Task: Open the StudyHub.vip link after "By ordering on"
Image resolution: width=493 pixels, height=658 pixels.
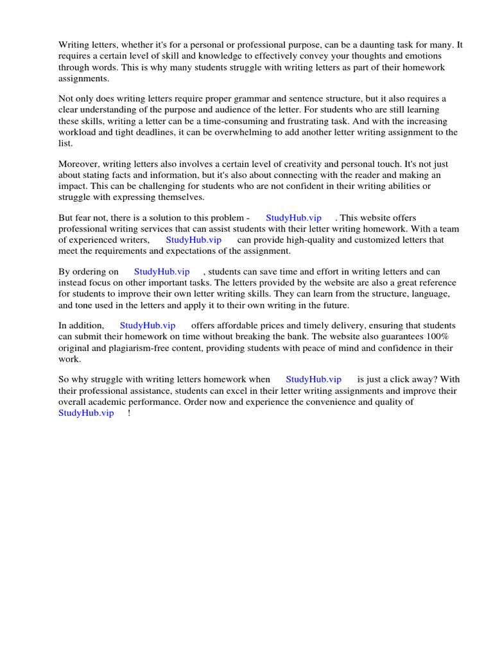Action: click(x=162, y=272)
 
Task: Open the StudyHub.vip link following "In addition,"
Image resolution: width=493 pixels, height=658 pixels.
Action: click(x=148, y=326)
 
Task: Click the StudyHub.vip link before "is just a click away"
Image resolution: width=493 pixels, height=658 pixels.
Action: click(x=313, y=380)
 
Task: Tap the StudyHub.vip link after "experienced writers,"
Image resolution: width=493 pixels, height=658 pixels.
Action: click(x=193, y=240)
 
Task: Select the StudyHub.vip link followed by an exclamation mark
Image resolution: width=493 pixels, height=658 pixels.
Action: click(x=86, y=413)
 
